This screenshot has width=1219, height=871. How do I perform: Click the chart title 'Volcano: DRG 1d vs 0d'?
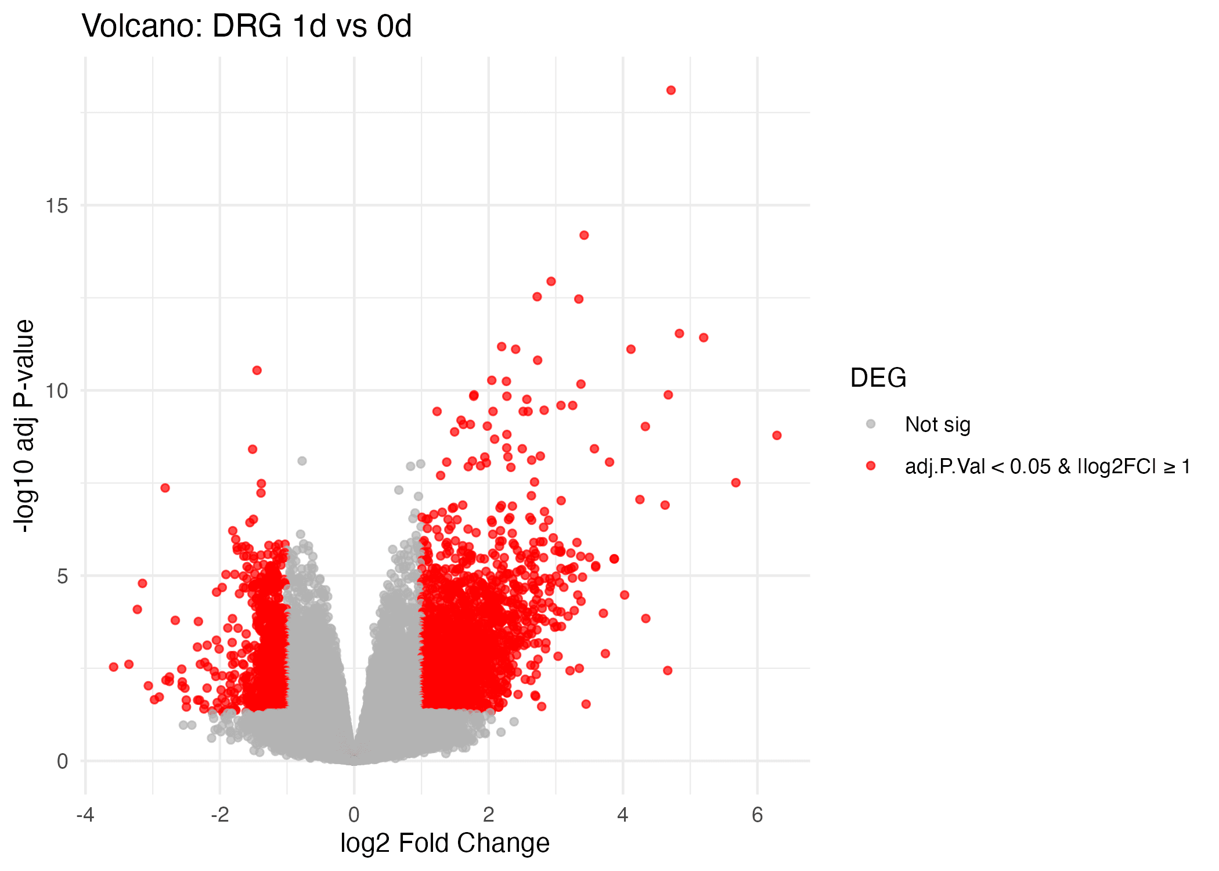click(247, 26)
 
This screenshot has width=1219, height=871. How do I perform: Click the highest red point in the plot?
click(671, 90)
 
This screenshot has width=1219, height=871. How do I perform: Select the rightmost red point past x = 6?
click(777, 435)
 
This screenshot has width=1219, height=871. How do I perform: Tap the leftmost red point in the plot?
click(114, 667)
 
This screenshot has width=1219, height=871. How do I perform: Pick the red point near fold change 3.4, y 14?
click(584, 235)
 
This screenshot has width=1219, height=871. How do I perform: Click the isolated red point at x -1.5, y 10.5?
click(257, 370)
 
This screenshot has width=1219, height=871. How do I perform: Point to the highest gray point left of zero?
click(302, 461)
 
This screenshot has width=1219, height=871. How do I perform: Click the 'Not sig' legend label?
click(937, 424)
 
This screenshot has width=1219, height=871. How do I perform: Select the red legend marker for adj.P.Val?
click(871, 466)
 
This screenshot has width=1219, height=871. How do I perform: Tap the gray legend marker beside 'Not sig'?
click(871, 424)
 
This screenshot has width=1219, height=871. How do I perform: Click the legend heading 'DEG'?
click(878, 378)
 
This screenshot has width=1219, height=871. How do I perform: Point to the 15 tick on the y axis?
click(57, 206)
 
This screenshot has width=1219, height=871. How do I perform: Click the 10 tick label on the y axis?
click(57, 391)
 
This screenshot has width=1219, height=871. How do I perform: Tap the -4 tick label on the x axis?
click(85, 815)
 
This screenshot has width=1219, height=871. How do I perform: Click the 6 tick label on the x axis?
click(757, 815)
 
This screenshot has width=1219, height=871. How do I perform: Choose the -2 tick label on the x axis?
click(219, 815)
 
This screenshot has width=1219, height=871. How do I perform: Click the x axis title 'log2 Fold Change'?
click(445, 843)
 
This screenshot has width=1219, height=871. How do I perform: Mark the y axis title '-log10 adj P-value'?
click(24, 426)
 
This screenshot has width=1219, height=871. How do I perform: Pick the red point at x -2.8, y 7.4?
click(165, 488)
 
